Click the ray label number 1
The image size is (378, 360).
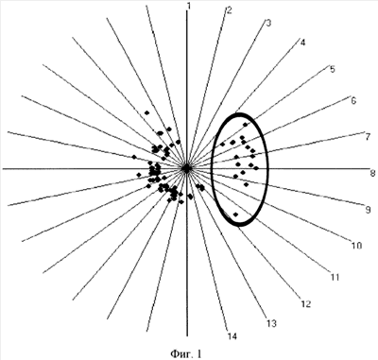tap(188, 7)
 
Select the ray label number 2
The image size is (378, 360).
tap(229, 10)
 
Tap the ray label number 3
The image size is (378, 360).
tap(268, 23)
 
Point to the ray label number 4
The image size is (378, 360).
tap(302, 43)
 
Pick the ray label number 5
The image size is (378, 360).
tap(333, 69)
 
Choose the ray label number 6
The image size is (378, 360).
tap(353, 101)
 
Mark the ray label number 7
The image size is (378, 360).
tap(368, 137)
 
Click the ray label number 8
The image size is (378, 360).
tap(372, 173)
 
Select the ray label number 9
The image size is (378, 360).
tap(368, 210)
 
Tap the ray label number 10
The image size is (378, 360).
tap(356, 246)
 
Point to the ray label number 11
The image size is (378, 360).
tap(335, 277)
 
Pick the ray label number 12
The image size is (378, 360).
tap(305, 304)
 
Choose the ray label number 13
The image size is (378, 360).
tap(271, 323)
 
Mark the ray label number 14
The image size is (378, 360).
tap(232, 336)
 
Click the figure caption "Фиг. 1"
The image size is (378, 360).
tap(185, 353)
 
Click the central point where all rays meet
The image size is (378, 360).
tap(187, 169)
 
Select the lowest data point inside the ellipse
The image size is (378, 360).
tap(235, 214)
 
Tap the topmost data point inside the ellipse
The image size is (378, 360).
tap(246, 125)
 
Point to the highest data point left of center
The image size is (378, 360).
tap(146, 112)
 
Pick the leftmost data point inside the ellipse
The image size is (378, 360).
tap(223, 145)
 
